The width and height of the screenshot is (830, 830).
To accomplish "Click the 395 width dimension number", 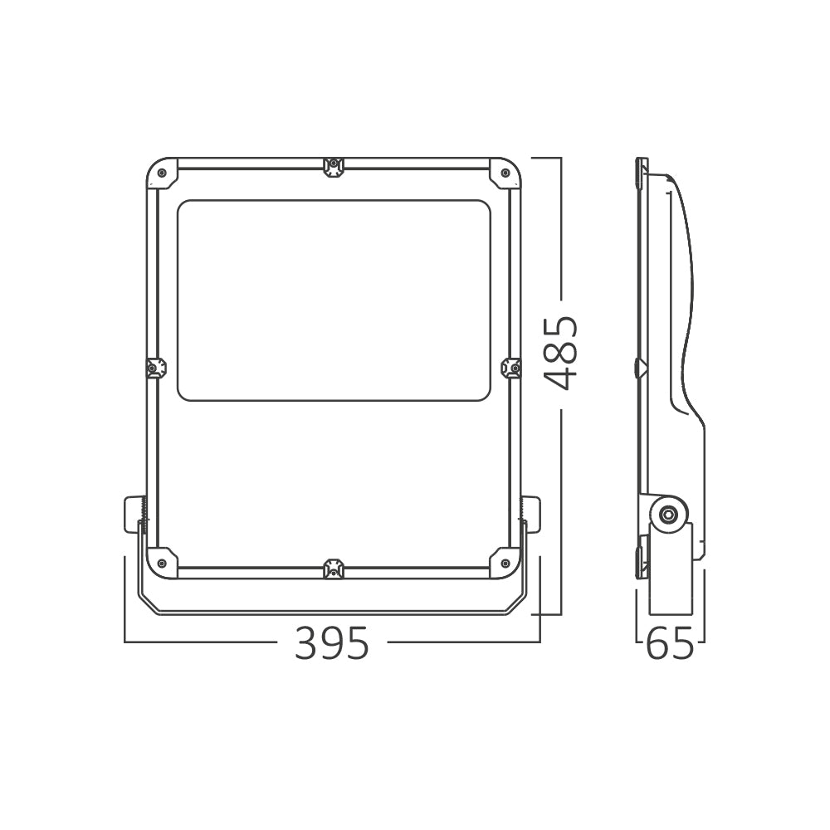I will pyautogui.click(x=331, y=643).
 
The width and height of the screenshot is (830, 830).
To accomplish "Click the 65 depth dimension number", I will pyautogui.click(x=670, y=643).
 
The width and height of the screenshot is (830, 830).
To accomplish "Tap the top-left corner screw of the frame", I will pyautogui.click(x=162, y=173).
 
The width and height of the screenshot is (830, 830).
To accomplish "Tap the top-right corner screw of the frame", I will pyautogui.click(x=505, y=173).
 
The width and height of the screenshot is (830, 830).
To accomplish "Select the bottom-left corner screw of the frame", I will pyautogui.click(x=162, y=564).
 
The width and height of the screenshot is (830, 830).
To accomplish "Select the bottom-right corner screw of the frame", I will pyautogui.click(x=505, y=564).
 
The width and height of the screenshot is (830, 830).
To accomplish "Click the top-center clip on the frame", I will pyautogui.click(x=333, y=167).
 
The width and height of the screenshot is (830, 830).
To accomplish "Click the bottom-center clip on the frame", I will pyautogui.click(x=333, y=569).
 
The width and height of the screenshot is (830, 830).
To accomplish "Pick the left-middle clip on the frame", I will pyautogui.click(x=155, y=368).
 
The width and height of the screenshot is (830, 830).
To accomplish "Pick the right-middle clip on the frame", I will pyautogui.click(x=512, y=368).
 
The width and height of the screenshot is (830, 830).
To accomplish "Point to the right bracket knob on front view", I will pyautogui.click(x=531, y=514).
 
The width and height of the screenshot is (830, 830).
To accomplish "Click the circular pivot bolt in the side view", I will pyautogui.click(x=666, y=515).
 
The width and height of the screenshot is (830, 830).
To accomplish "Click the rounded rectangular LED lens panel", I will pyautogui.click(x=334, y=300).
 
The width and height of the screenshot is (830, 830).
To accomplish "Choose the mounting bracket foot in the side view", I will pyautogui.click(x=670, y=581).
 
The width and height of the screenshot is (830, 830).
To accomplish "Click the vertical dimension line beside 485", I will pyautogui.click(x=562, y=498).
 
